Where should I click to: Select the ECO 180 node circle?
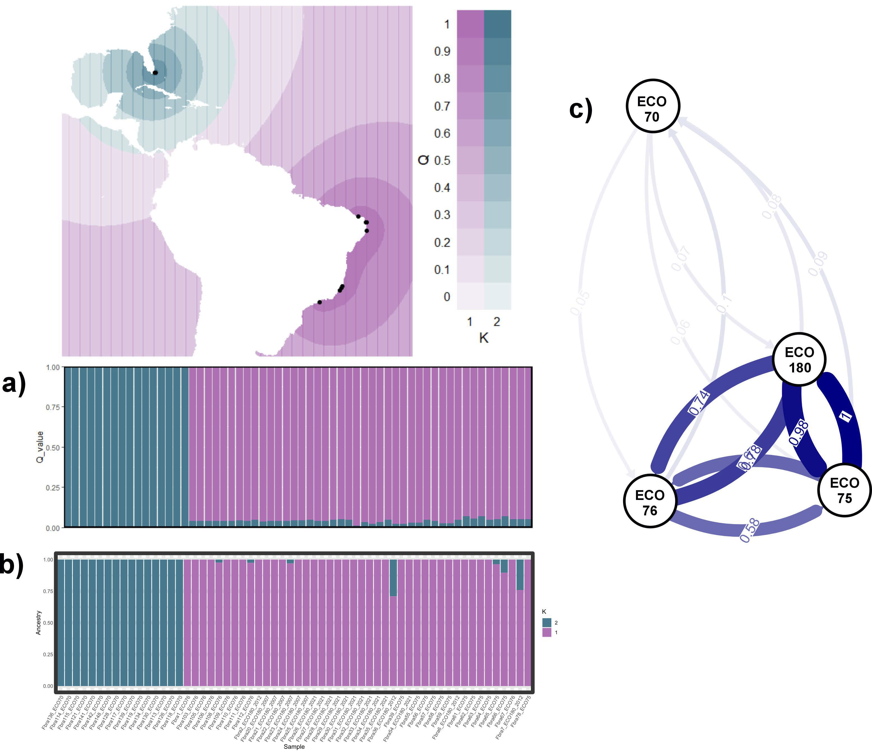pyautogui.click(x=799, y=359)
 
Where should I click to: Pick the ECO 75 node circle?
pyautogui.click(x=844, y=490)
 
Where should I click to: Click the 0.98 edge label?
pyautogui.click(x=799, y=433)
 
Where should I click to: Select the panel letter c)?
pyautogui.click(x=581, y=110)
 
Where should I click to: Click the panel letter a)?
pyautogui.click(x=14, y=384)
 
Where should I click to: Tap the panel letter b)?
pyautogui.click(x=12, y=564)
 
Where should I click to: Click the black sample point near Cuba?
pyautogui.click(x=155, y=73)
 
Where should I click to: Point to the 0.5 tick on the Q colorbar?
pyautogui.click(x=442, y=161)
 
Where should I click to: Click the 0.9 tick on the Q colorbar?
pyautogui.click(x=442, y=51)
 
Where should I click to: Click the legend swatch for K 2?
pyautogui.click(x=547, y=622)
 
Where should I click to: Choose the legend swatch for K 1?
pyautogui.click(x=547, y=632)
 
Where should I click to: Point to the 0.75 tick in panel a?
pyautogui.click(x=53, y=407)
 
